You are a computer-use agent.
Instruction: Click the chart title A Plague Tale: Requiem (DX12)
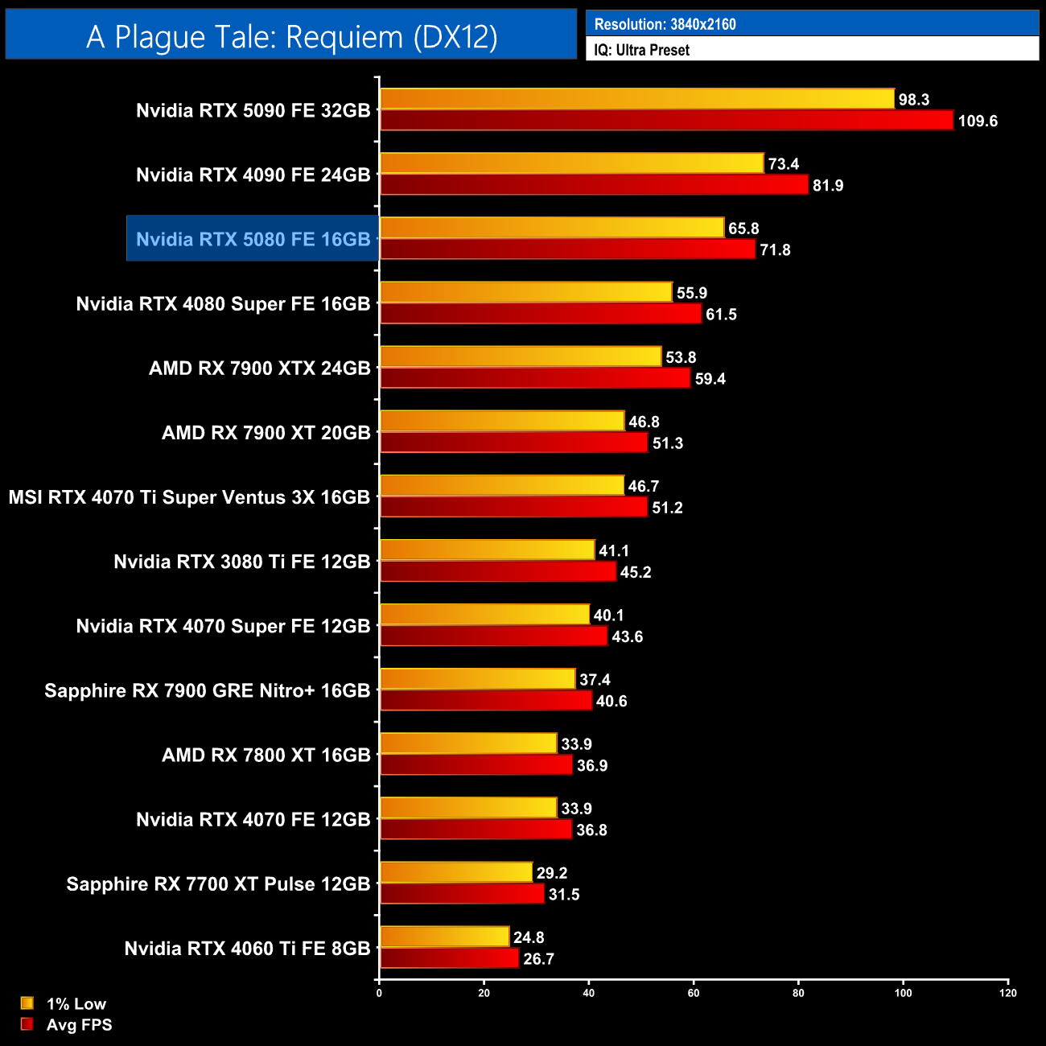291,37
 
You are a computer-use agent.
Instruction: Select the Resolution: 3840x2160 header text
665,24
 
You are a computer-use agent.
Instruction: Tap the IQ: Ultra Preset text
641,50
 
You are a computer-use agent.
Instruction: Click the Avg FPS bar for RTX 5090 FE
666,121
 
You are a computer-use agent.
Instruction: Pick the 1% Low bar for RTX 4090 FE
571,163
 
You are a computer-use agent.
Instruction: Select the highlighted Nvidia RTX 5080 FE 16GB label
253,239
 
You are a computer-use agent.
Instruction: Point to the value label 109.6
978,121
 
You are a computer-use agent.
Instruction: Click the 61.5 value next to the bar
721,315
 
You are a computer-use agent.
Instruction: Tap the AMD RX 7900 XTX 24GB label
259,369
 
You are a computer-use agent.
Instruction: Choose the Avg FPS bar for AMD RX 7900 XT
513,443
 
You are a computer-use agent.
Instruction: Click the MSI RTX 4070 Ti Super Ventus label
189,497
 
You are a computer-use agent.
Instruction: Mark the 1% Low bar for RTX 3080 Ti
487,550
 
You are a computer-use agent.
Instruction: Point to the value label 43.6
628,637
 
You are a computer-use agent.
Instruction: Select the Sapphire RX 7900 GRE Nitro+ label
207,690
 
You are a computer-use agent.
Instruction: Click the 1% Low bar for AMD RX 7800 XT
467,743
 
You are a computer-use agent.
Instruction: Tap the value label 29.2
552,873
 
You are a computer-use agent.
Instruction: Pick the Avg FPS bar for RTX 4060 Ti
449,958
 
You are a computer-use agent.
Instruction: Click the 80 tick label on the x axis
798,993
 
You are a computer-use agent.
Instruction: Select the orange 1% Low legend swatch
27,1003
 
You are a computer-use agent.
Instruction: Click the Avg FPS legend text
79,1025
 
